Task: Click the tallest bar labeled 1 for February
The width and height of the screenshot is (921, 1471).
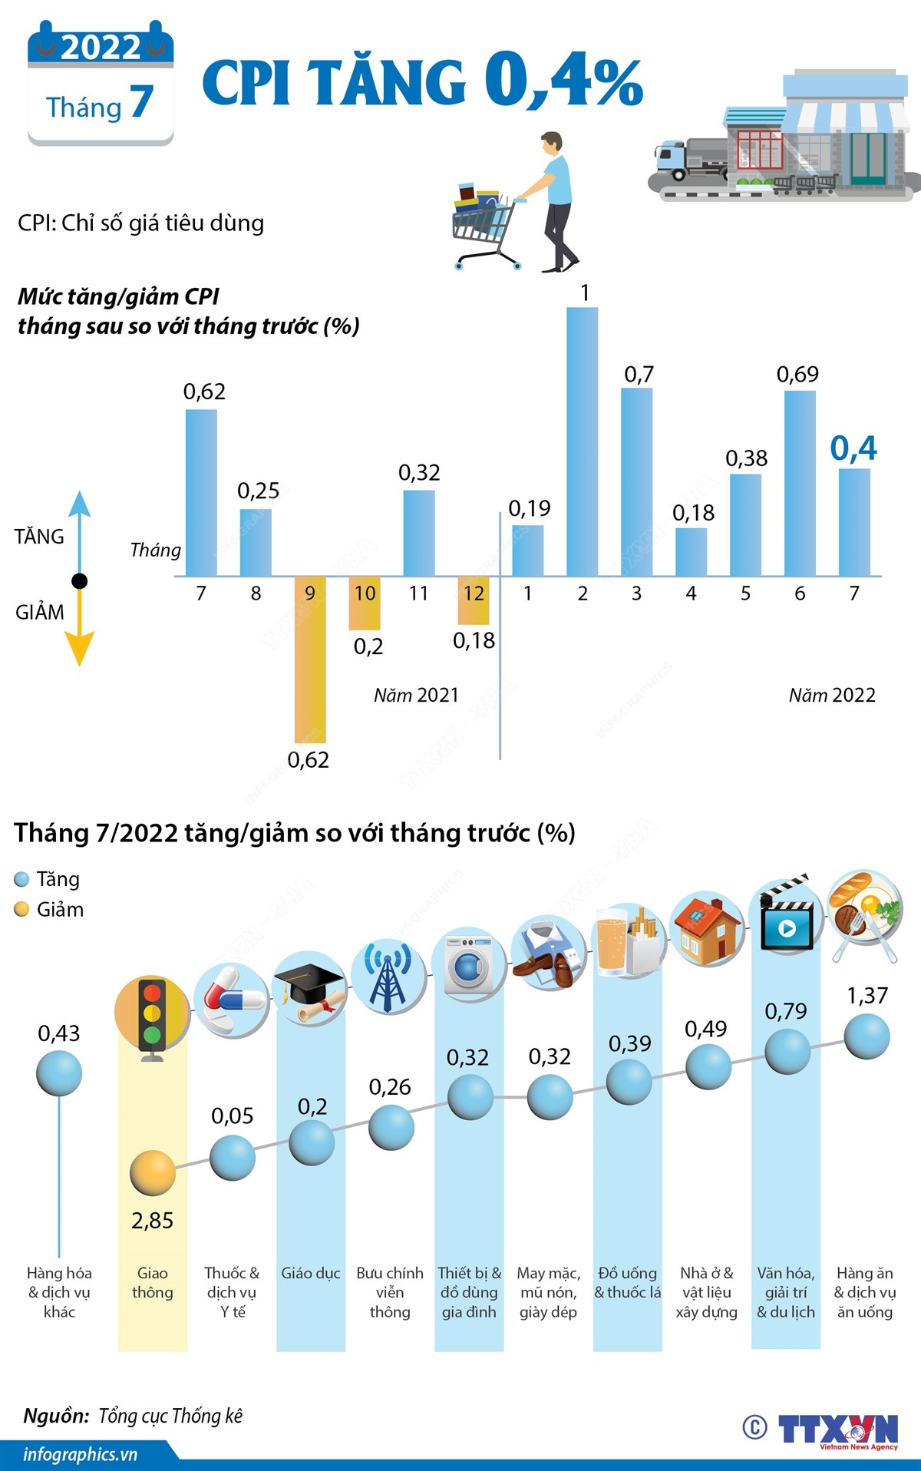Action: pyautogui.click(x=582, y=441)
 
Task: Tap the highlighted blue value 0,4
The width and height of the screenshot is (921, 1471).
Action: pyautogui.click(x=853, y=448)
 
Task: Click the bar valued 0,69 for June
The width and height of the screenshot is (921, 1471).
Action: pyautogui.click(x=800, y=484)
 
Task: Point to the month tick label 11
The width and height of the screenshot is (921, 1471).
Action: pyautogui.click(x=418, y=593)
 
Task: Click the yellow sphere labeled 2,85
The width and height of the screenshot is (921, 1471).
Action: pyautogui.click(x=152, y=1173)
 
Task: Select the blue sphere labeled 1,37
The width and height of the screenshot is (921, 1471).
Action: pyautogui.click(x=867, y=1036)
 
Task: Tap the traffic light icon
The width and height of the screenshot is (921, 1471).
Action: pyautogui.click(x=152, y=1017)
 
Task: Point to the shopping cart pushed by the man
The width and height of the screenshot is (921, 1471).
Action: pyautogui.click(x=484, y=226)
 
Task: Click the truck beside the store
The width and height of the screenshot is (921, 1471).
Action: pyautogui.click(x=687, y=160)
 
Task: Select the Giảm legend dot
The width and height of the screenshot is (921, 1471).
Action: pyautogui.click(x=21, y=910)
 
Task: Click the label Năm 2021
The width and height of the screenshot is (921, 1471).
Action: pyautogui.click(x=416, y=695)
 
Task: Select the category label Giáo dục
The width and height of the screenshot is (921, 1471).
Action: pyautogui.click(x=310, y=1273)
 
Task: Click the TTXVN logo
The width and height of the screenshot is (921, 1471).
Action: pyautogui.click(x=837, y=1430)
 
